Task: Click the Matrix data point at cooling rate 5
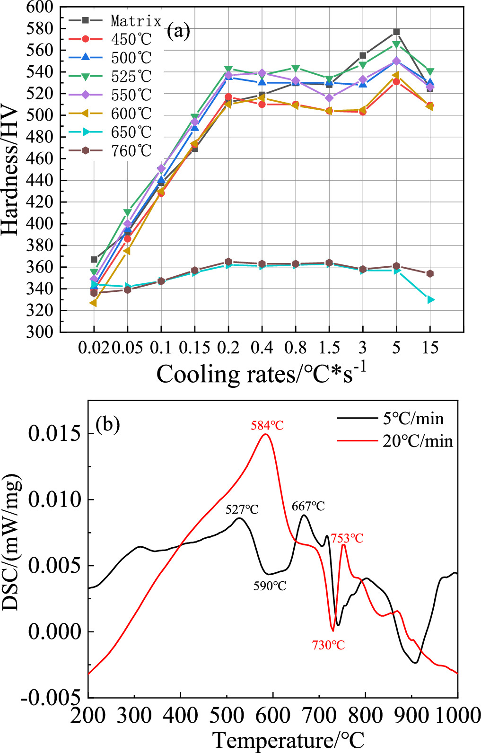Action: click(x=396, y=32)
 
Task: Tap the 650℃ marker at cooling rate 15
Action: click(x=430, y=300)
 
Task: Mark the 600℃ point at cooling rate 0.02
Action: click(x=94, y=303)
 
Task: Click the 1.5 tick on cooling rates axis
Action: click(x=329, y=348)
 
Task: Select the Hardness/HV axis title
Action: click(x=10, y=170)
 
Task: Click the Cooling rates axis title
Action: click(x=261, y=374)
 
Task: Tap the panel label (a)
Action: click(x=179, y=32)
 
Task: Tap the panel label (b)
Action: click(x=108, y=424)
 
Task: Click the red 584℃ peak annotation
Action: click(x=267, y=426)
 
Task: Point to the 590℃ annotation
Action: click(x=270, y=586)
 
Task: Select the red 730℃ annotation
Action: click(x=328, y=645)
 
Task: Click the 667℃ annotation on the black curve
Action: click(x=308, y=507)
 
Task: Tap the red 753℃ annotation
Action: click(x=347, y=538)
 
